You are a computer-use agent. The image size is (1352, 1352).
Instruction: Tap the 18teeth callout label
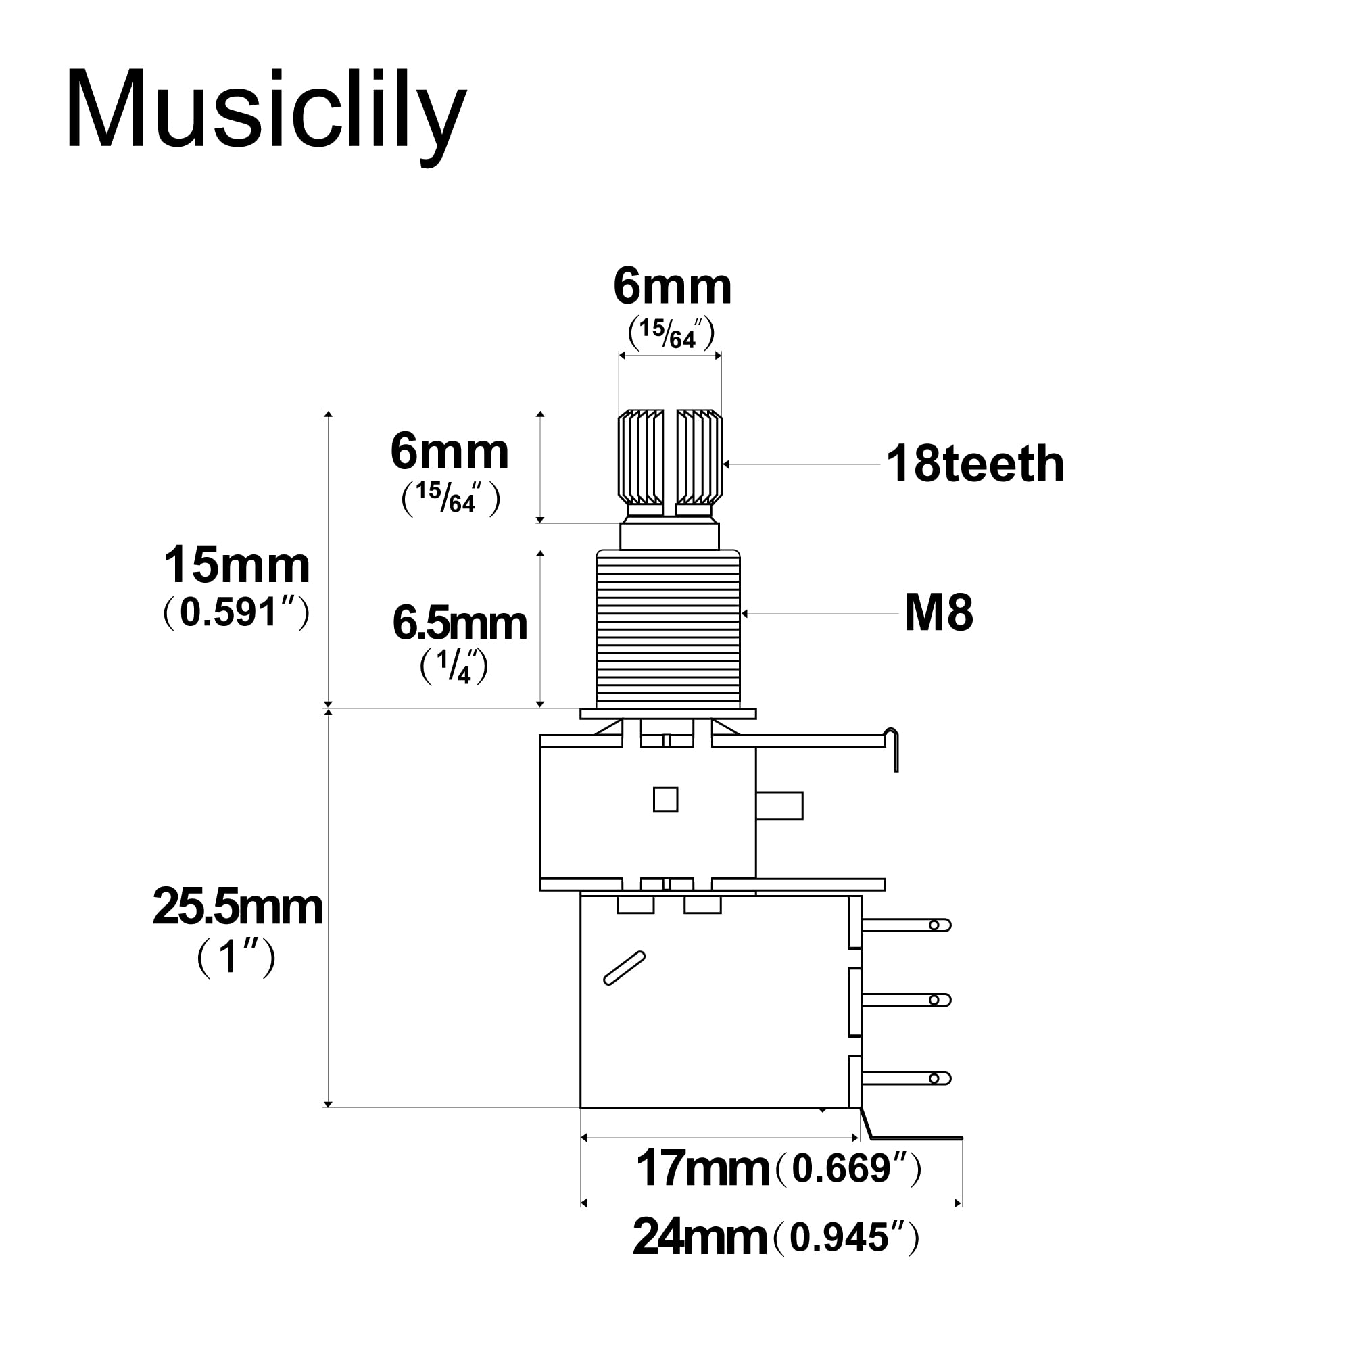coord(975,464)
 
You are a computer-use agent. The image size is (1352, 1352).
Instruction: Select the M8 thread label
coord(938,613)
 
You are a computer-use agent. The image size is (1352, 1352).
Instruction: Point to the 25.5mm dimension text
coord(237,908)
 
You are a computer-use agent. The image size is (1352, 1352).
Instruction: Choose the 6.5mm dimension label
coord(460,623)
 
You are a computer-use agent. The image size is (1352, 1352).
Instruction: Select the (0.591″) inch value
coord(236,614)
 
